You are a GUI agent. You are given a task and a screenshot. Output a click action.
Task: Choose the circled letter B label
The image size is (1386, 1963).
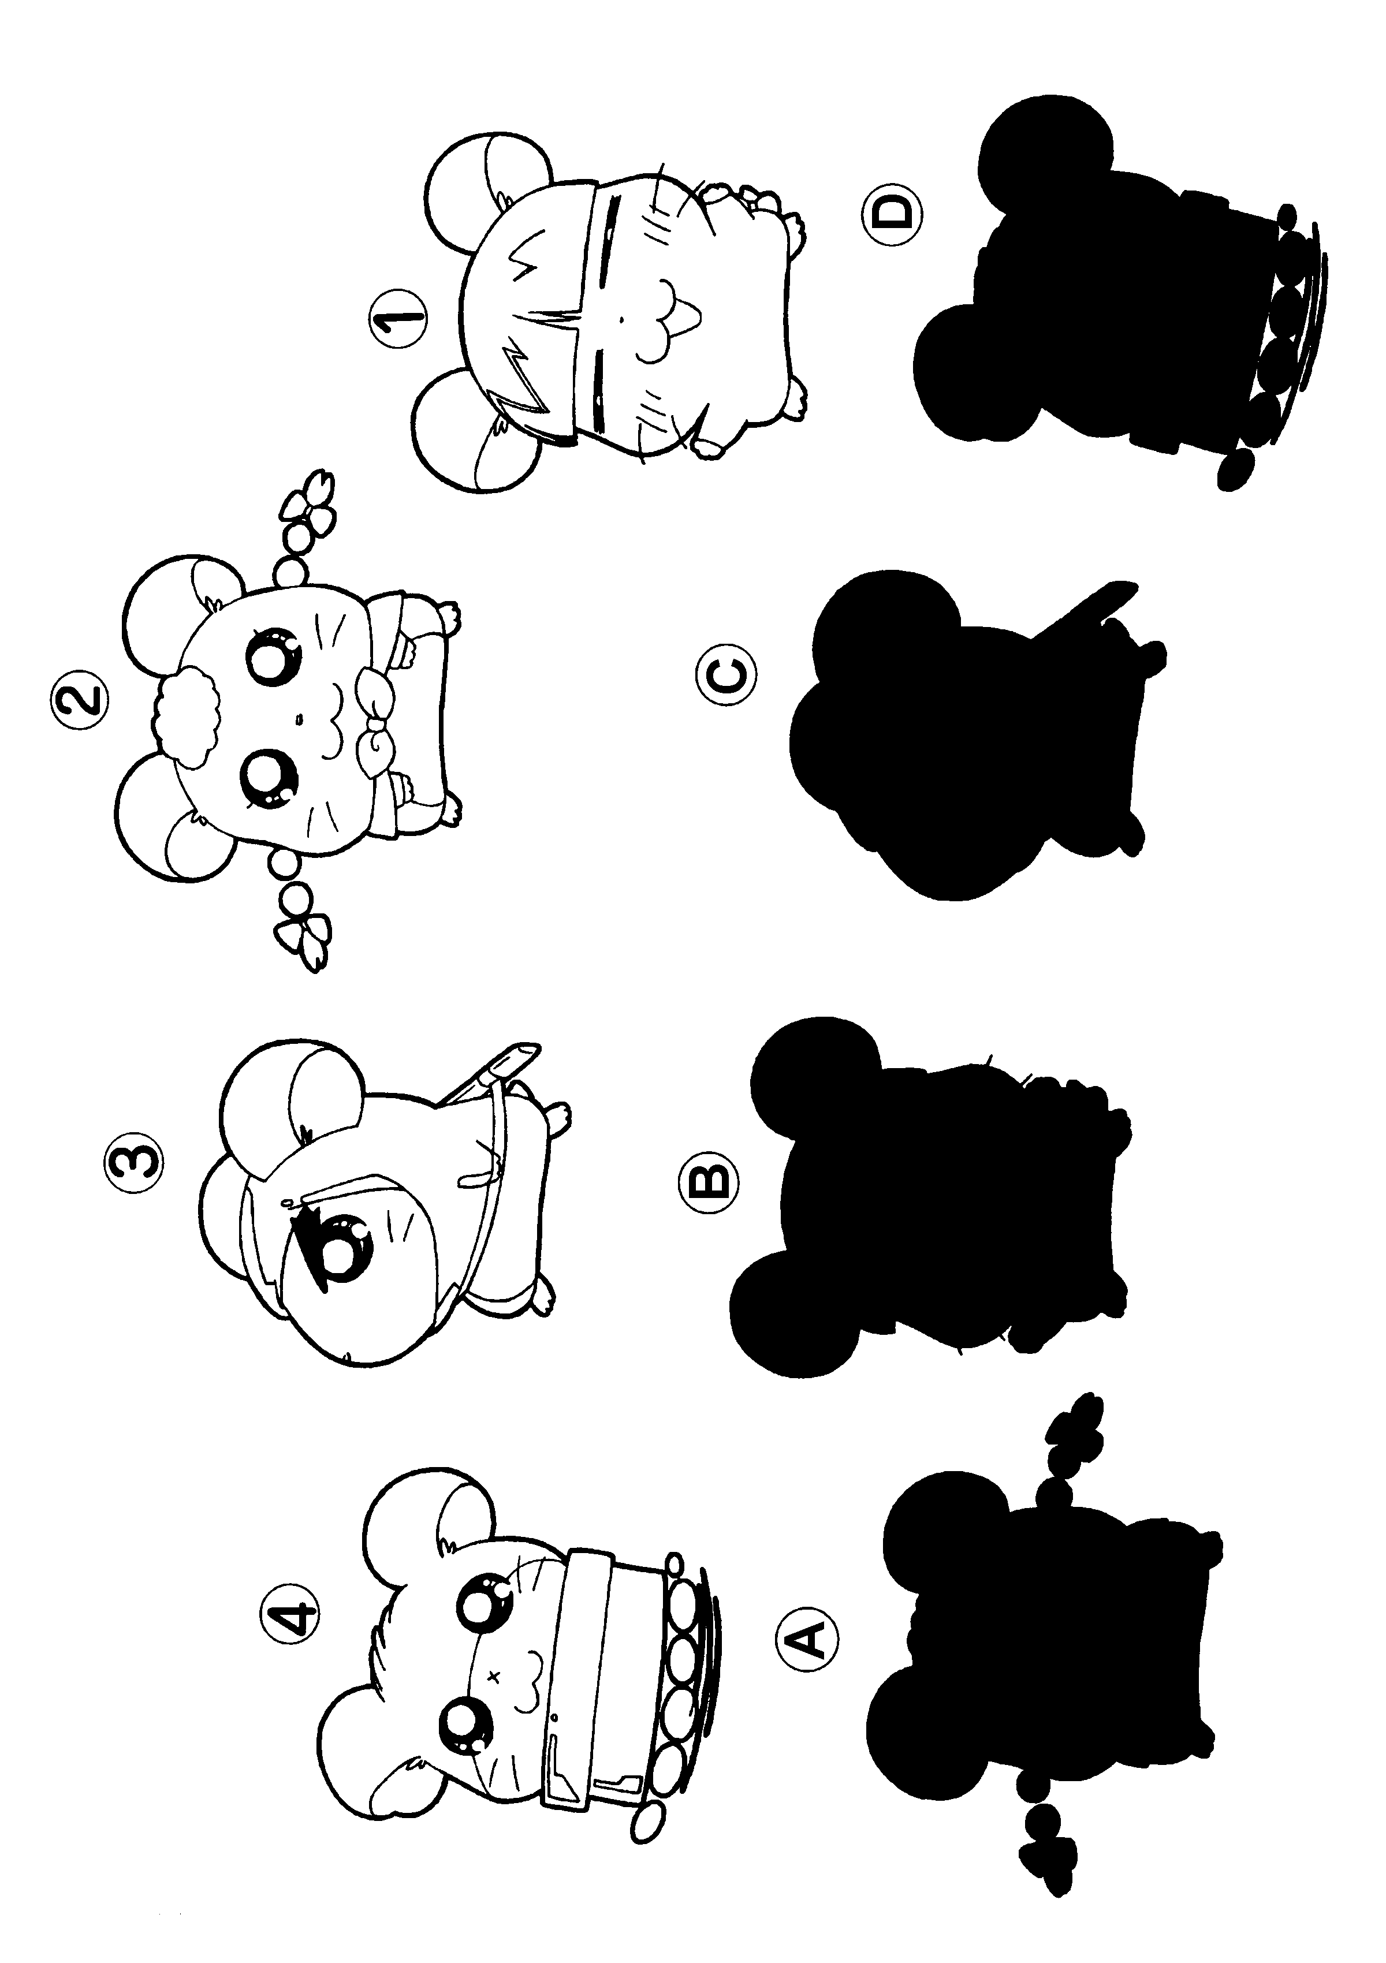click(x=706, y=1182)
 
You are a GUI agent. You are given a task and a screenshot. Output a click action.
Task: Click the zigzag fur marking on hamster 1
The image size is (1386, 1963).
click(x=530, y=325)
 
